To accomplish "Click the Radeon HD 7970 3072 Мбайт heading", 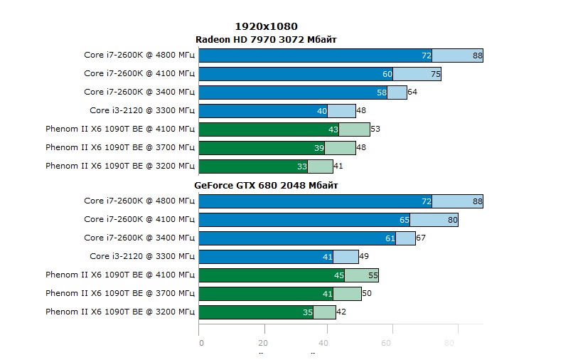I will [266, 39].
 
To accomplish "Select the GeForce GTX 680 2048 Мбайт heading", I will [266, 185].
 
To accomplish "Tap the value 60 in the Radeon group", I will [387, 74].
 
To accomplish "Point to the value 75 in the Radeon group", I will [436, 74].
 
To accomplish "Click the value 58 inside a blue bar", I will [382, 92].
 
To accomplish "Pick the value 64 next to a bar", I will [412, 92].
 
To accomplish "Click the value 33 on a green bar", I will [302, 166].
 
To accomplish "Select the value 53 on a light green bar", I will [375, 129].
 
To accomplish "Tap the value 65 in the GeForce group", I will [405, 220].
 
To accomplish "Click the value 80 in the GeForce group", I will [453, 220].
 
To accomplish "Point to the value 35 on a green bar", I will [308, 312].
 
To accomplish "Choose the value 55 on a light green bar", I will [373, 275].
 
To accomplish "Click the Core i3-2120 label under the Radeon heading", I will [142, 111].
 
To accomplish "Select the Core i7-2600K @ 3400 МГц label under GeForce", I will [139, 238].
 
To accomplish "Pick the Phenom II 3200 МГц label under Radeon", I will [119, 166].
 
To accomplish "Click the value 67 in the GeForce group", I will [421, 238].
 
